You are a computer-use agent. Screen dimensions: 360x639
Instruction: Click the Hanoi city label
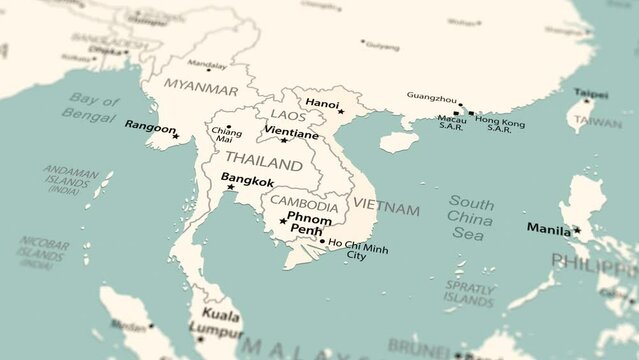point(322,103)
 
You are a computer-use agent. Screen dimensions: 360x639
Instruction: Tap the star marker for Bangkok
point(230,187)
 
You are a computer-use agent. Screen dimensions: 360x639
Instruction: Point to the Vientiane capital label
point(293,133)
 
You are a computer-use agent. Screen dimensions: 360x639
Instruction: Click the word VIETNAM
point(386,209)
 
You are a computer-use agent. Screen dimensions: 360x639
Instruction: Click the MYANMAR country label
point(201,88)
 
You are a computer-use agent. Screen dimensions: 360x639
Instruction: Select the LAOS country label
point(289,116)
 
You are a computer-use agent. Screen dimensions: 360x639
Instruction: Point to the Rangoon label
point(150,127)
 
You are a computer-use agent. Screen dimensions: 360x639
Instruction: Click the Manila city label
point(549,229)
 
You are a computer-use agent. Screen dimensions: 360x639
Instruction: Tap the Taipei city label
point(590,92)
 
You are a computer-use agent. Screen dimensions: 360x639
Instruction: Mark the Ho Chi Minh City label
point(358,249)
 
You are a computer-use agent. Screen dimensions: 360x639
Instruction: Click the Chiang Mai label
point(227,135)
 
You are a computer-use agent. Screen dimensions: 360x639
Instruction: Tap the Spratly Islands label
point(469,293)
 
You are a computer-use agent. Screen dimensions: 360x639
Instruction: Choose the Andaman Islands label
point(71,179)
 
